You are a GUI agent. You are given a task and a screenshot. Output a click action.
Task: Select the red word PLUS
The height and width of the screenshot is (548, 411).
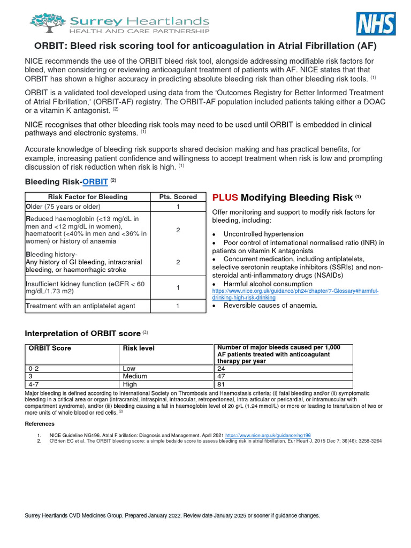point(225,197)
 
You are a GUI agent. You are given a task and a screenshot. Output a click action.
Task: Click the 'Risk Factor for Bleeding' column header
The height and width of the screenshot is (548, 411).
point(88,196)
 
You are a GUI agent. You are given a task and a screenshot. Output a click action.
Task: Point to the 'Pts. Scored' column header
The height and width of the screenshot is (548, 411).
point(178,196)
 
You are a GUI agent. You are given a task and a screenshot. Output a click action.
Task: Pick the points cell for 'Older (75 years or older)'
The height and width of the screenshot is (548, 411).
point(178,207)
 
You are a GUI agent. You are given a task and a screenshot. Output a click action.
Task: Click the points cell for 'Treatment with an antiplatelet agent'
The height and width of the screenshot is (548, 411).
point(178,306)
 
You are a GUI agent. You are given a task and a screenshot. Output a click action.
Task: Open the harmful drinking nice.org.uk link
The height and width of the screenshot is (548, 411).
point(295,294)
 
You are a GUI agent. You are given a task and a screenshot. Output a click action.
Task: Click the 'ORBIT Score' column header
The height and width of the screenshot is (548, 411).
point(50,348)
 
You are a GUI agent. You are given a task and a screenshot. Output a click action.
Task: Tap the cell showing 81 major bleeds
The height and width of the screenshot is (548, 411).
point(222,384)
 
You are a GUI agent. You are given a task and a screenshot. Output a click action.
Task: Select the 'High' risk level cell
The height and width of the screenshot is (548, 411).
point(130,384)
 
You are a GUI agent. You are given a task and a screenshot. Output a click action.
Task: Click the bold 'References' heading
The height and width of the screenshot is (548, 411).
point(40,424)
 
